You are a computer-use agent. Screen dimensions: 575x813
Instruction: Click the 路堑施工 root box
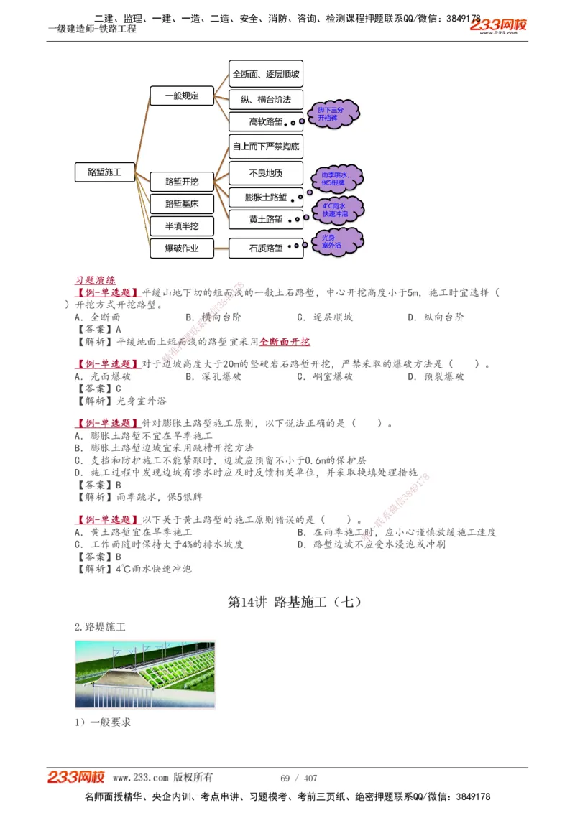tap(104, 172)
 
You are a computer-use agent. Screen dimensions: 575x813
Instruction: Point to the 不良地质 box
tap(265, 173)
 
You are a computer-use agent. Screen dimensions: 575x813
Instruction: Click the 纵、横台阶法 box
tap(265, 99)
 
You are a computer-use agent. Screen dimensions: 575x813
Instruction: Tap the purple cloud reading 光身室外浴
tap(336, 243)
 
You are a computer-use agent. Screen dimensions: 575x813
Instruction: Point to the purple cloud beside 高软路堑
tap(331, 113)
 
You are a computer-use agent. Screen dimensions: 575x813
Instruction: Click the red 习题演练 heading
tap(95, 280)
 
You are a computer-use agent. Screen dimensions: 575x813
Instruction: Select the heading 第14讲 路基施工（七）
tap(294, 603)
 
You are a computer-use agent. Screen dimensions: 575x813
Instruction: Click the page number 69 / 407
tap(298, 779)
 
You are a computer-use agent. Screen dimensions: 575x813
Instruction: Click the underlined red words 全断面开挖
tap(285, 342)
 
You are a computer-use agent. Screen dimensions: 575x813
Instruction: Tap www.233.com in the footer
tap(140, 778)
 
